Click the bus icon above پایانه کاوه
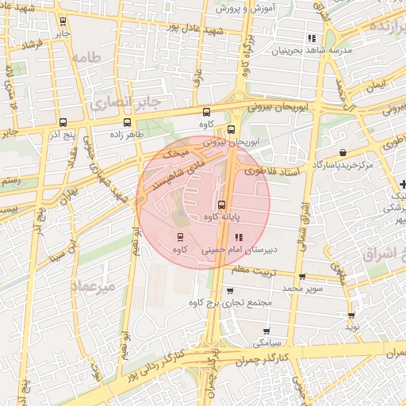click(x=221, y=205)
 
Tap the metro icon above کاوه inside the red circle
click(x=179, y=237)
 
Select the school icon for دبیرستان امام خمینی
click(x=239, y=237)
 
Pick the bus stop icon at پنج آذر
click(x=63, y=122)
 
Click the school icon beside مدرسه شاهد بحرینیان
click(x=312, y=37)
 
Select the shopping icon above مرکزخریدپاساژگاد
click(x=342, y=152)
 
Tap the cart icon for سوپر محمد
click(x=303, y=278)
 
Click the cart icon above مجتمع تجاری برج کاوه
click(x=230, y=291)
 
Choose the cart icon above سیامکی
click(x=266, y=331)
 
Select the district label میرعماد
click(x=94, y=285)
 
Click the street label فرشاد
click(x=32, y=46)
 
